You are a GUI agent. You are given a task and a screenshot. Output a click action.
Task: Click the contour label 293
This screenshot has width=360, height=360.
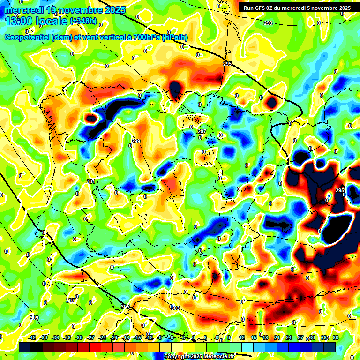coord(268,23)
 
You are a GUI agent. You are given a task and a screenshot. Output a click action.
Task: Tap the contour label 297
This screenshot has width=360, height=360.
coord(202,131)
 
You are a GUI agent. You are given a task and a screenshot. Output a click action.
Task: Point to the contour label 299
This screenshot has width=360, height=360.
coord(136,141)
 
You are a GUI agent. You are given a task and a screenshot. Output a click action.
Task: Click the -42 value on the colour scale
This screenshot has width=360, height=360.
coord(32,338)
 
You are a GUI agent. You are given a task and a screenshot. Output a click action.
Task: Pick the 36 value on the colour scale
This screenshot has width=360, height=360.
coord(335,338)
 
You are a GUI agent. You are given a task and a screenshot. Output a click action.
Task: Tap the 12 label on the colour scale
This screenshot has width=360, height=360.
coord(242,338)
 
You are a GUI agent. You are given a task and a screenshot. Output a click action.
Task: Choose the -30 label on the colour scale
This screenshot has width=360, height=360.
coord(79,338)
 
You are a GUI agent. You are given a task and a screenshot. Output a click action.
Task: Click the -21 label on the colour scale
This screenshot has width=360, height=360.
coord(114,338)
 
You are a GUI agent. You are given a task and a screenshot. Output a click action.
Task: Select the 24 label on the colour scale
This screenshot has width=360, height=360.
coord(288,338)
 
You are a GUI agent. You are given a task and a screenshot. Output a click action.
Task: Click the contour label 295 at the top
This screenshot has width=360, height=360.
coord(227,64)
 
